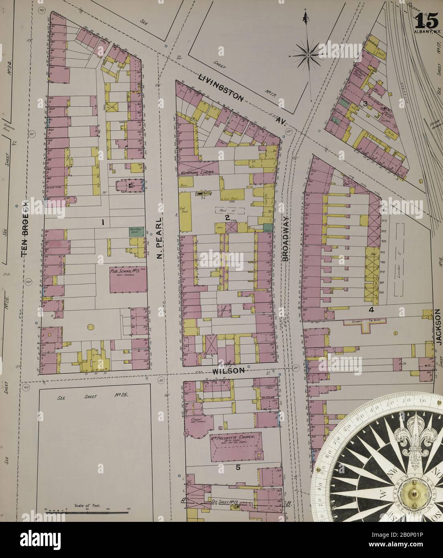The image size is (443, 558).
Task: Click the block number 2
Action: pyautogui.click(x=227, y=218)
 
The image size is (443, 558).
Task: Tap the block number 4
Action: pyautogui.click(x=372, y=310)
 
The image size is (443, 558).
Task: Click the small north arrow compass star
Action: pyautogui.click(x=307, y=53)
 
